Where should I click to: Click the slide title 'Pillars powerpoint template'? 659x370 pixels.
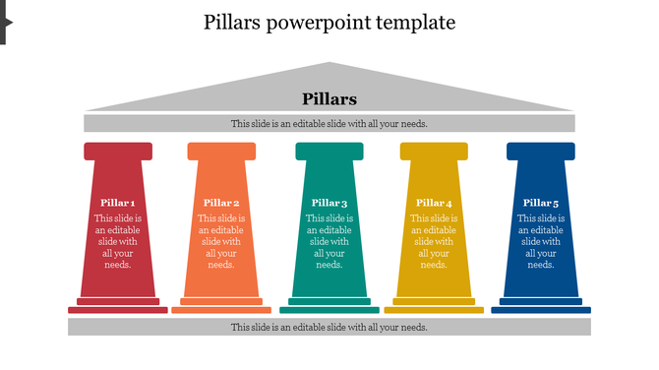pos(329,23)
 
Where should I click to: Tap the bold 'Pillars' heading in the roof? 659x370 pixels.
pos(329,99)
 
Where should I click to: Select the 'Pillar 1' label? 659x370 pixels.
pos(118,203)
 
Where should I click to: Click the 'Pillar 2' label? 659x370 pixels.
pos(221,203)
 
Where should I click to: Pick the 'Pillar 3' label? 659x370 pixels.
pos(329,203)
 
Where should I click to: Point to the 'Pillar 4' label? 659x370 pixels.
pos(434,203)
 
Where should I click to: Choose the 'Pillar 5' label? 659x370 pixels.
pos(541,203)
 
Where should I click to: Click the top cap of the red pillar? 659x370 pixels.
pos(118,151)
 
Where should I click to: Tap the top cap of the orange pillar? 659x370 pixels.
pos(221,151)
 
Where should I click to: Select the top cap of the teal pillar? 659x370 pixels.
pos(329,151)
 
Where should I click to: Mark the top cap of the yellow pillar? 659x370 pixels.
pos(434,151)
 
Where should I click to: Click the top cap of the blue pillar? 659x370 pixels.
pos(541,151)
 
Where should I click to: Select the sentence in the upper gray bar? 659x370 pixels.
pos(329,124)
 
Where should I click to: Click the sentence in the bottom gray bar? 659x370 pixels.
pos(329,327)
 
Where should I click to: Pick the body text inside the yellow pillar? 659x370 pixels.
pos(434,241)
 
